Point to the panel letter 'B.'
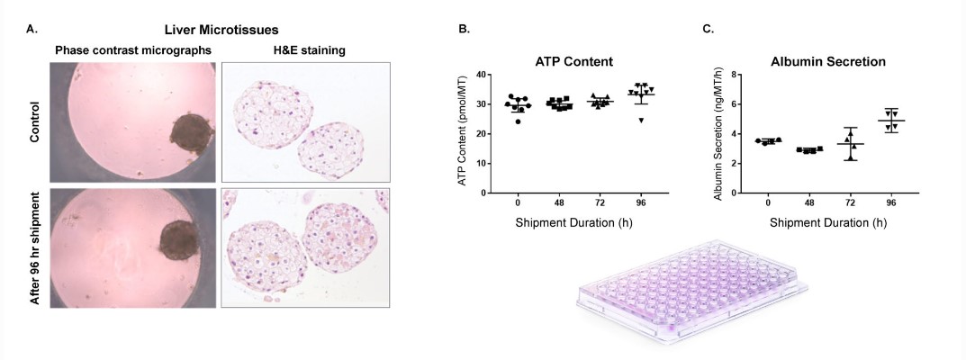pos(464,30)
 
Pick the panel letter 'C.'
pos(708,30)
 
